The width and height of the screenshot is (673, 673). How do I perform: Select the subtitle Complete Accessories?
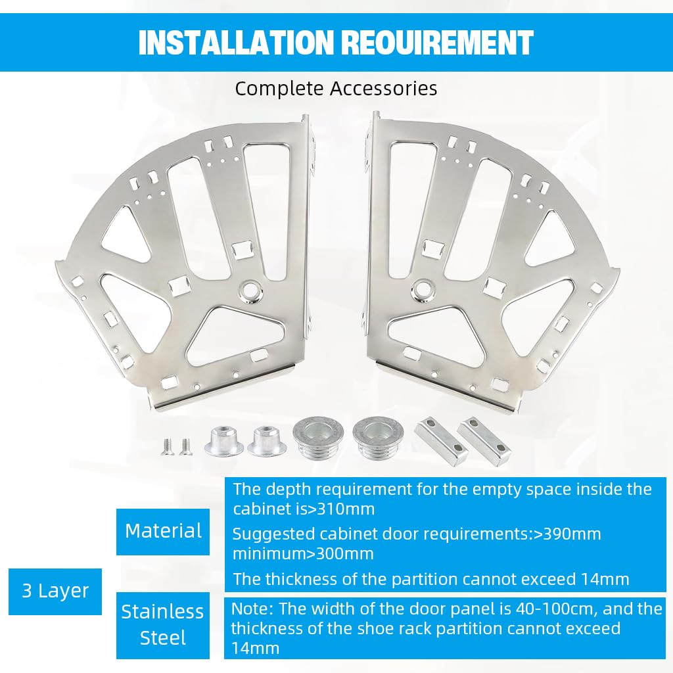coord(336,88)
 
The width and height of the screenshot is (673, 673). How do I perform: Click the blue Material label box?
coord(163,531)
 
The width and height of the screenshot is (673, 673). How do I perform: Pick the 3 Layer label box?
coord(55,591)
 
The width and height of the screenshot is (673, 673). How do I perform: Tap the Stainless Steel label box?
coord(163,625)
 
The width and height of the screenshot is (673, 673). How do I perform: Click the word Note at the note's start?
coord(250,609)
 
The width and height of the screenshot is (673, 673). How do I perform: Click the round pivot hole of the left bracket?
coord(249,290)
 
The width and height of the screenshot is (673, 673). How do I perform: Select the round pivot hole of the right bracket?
coord(423,288)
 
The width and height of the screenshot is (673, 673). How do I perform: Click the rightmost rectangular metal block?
coord(484,440)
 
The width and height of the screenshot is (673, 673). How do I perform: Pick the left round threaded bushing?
coord(319,436)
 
